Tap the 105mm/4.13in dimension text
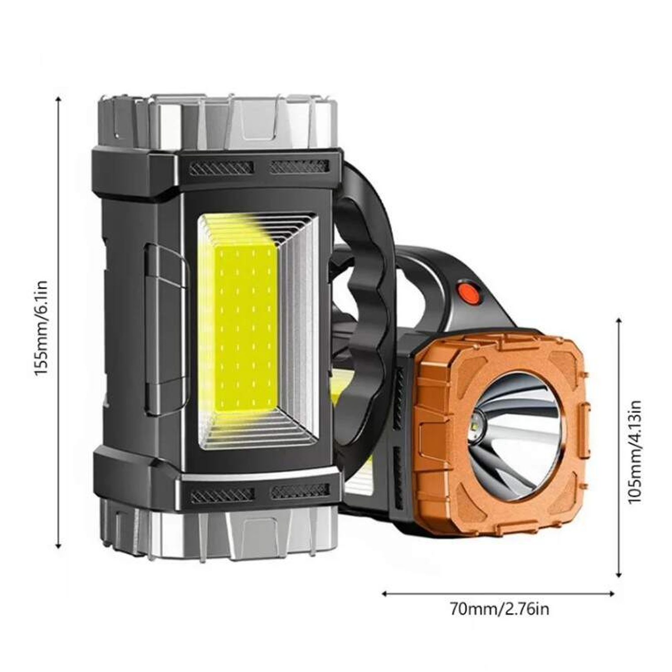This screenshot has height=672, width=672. pyautogui.click(x=635, y=451)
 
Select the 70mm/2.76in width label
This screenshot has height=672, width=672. pyautogui.click(x=500, y=609)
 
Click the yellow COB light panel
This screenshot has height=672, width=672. pyautogui.click(x=246, y=327)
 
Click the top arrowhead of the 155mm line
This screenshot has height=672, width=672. pyautogui.click(x=58, y=98)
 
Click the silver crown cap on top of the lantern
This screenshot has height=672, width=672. pyautogui.click(x=217, y=122)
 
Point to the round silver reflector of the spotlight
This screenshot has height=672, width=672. pyautogui.click(x=515, y=435)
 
